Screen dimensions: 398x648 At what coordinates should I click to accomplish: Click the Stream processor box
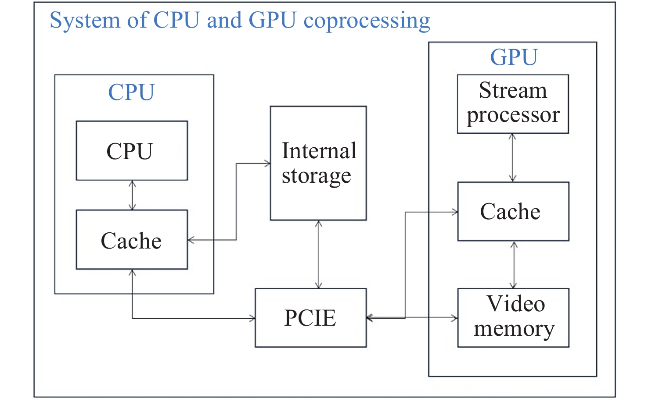(x=512, y=104)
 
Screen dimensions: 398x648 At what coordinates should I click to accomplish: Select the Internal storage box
(x=318, y=163)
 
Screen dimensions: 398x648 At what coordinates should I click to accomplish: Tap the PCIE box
(x=310, y=318)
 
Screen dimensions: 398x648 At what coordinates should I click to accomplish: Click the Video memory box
(x=513, y=318)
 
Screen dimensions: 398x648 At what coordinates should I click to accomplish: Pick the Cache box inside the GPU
(x=513, y=211)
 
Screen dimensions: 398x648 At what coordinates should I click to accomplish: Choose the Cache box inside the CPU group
(x=132, y=240)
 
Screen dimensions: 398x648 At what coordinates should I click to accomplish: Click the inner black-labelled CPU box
(x=132, y=150)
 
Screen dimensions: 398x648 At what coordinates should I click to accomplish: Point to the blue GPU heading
(x=513, y=57)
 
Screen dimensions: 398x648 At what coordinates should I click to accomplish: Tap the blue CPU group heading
(x=131, y=92)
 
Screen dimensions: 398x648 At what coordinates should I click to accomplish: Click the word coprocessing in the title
(x=367, y=21)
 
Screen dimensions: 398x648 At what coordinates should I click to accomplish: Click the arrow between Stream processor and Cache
(x=512, y=158)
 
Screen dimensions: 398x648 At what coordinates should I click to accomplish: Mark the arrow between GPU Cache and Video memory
(x=514, y=265)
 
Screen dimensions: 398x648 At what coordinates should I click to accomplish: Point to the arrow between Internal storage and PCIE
(x=318, y=254)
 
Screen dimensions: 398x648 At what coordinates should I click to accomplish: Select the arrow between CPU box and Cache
(x=132, y=195)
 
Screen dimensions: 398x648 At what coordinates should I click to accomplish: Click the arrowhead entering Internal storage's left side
(x=267, y=163)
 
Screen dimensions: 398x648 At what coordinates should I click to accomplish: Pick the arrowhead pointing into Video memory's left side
(x=454, y=318)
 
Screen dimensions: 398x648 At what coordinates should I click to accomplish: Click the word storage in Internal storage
(x=316, y=176)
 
